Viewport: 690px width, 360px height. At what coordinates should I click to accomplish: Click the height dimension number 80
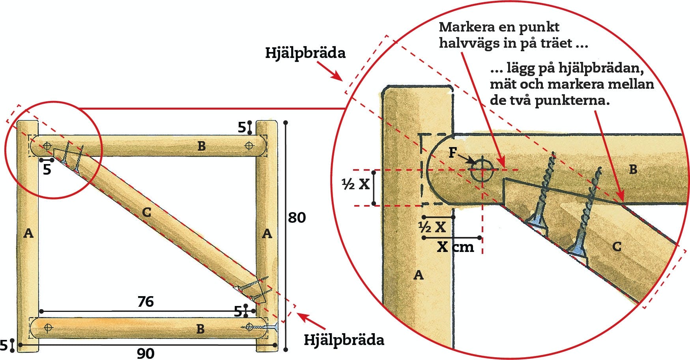point(297,217)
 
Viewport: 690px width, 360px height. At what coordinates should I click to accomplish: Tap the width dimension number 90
point(146,353)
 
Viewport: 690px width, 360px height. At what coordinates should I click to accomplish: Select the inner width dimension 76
point(146,302)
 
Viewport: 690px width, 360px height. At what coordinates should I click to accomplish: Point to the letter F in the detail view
point(453,153)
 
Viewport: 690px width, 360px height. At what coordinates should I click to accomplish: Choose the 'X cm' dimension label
point(455,247)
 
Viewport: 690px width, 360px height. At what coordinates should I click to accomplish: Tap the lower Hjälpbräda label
point(344,340)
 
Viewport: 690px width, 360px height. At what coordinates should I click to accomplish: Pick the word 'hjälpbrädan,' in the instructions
point(601,69)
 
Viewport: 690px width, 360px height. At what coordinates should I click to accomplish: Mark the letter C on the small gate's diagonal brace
point(146,213)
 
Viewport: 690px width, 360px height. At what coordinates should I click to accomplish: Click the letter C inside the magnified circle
point(617,247)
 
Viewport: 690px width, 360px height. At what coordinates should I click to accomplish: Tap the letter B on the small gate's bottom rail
point(200,328)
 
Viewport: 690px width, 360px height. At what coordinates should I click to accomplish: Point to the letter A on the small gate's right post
point(267,234)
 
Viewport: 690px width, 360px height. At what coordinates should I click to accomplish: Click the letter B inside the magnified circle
point(633,170)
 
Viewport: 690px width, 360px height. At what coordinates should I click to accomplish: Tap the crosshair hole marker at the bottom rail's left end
point(49,327)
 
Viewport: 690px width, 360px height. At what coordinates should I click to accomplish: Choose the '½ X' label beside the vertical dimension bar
point(356,184)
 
